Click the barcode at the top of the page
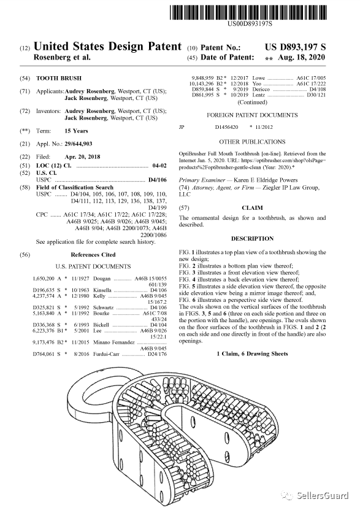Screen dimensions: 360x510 [x=247, y=12]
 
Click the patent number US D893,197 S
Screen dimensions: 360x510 [x=295, y=47]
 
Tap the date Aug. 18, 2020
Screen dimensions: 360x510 [x=301, y=58]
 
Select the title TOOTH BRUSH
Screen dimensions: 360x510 [x=59, y=79]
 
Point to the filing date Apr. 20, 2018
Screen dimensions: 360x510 [x=83, y=156]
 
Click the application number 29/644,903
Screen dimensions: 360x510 [x=79, y=144]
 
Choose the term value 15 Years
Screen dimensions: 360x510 [x=76, y=131]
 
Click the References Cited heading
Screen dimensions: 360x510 [x=93, y=255]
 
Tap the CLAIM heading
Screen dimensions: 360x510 [x=253, y=208]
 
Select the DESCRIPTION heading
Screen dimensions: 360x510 [x=253, y=239]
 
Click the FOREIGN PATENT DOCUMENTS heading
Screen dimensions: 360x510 [x=252, y=115]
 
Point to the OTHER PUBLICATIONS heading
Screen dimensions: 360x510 [x=252, y=142]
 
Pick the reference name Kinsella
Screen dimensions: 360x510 [x=102, y=290]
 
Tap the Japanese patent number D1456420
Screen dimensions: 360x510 [x=226, y=127]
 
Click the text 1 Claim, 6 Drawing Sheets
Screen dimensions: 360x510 [x=253, y=354]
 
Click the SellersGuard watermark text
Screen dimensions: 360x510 [x=323, y=495]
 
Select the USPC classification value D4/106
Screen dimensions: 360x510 [x=157, y=180]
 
